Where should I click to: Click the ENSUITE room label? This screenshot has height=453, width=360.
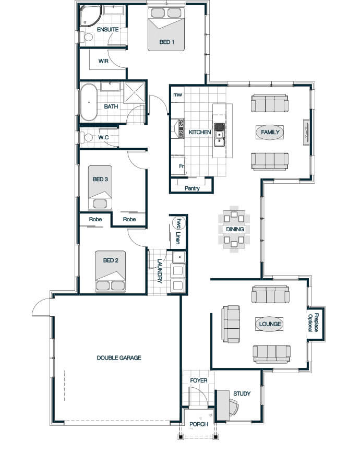[x=107, y=29]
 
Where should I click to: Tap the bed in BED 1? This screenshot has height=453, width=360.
[x=166, y=29]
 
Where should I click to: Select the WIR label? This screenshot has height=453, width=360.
[x=103, y=61]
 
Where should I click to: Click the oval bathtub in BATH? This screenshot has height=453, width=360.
[x=89, y=102]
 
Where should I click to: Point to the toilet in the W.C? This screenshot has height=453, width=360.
[x=87, y=137]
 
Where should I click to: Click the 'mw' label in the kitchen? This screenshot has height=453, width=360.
[x=178, y=94]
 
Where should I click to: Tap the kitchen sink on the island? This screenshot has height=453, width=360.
[x=219, y=135]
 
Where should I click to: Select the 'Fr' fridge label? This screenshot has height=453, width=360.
[x=182, y=166]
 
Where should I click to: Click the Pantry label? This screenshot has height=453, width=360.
[x=192, y=188]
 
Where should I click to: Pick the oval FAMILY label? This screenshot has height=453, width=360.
[x=270, y=133]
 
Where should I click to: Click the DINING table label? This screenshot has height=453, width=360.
[x=235, y=229]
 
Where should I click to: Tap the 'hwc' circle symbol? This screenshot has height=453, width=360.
[x=179, y=223]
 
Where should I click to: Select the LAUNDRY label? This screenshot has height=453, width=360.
[x=160, y=271]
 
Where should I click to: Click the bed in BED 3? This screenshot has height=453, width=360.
[x=100, y=187]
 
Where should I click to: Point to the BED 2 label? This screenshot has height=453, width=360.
[x=111, y=260]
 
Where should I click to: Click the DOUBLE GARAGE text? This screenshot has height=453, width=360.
[x=119, y=357]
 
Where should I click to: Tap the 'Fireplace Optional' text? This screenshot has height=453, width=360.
[x=313, y=323]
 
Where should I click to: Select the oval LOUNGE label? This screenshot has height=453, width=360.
[x=270, y=324]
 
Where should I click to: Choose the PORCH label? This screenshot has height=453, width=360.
[x=199, y=424]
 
